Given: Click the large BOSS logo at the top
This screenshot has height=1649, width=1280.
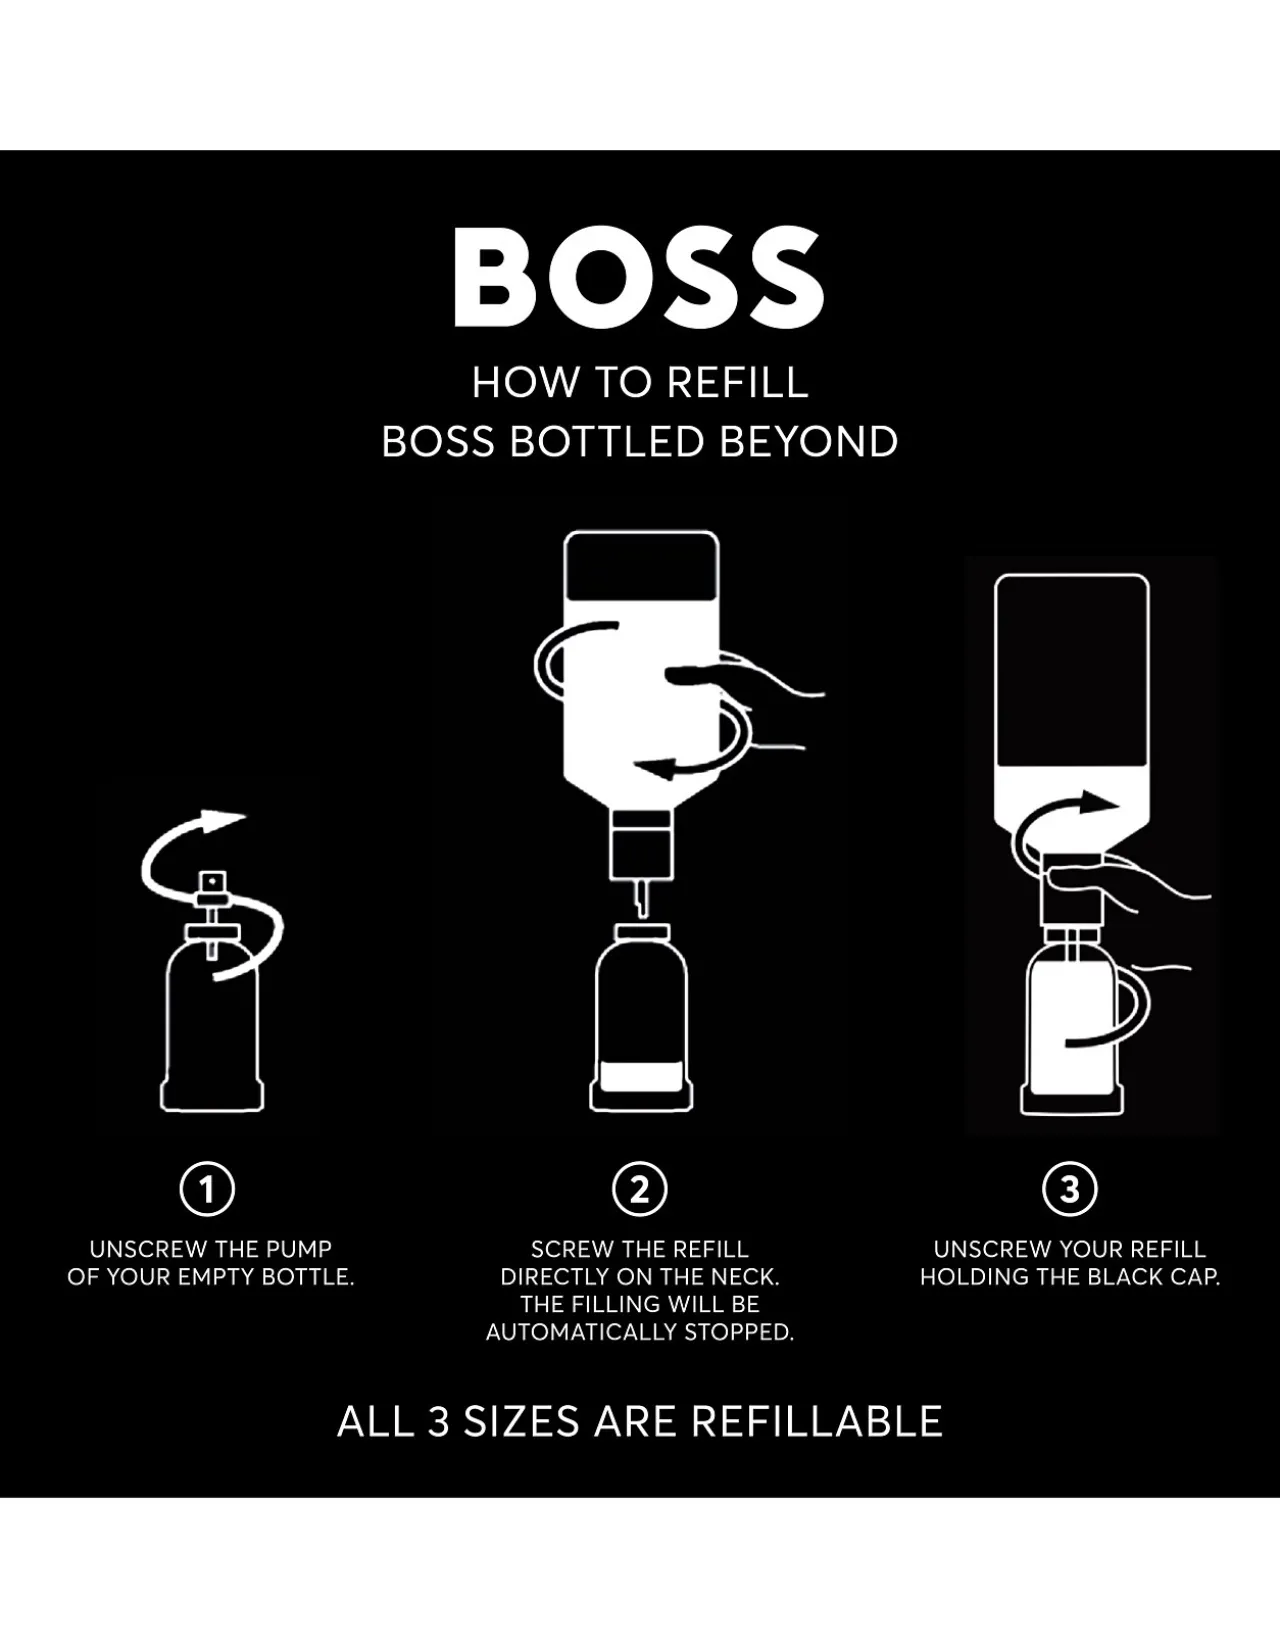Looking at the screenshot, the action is pyautogui.click(x=639, y=278).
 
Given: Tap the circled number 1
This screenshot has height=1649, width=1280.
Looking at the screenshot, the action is pyautogui.click(x=207, y=1189).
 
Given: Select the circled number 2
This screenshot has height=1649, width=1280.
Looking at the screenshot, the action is pyautogui.click(x=640, y=1189).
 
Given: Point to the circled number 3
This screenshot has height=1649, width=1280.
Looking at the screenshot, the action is pyautogui.click(x=1070, y=1189).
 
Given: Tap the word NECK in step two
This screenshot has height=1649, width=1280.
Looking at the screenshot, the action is pyautogui.click(x=741, y=1276).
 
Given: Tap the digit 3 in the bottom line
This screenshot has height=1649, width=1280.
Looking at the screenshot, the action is pyautogui.click(x=439, y=1421).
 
